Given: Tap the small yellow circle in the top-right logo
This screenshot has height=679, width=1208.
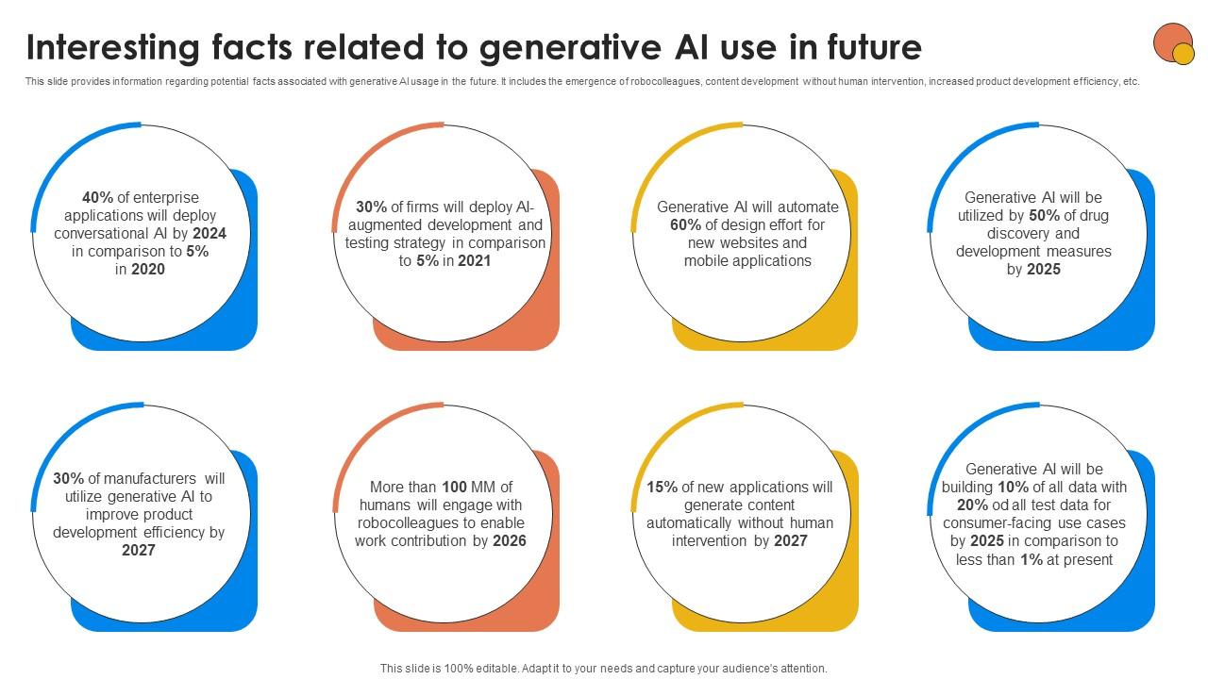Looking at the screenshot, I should tap(1183, 54).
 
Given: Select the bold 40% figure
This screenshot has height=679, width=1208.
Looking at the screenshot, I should tap(97, 198).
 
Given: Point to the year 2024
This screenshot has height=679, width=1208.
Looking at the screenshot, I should tap(210, 234).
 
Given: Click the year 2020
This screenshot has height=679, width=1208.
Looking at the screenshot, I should tap(148, 270).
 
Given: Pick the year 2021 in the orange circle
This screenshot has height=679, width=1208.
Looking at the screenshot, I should tap(475, 261).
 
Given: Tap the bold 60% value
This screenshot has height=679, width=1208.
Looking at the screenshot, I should tap(686, 225).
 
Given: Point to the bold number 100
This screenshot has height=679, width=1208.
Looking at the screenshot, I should tap(455, 488).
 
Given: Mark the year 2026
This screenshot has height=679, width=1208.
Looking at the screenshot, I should tap(510, 541).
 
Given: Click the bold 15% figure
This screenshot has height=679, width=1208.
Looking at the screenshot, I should tap(663, 488).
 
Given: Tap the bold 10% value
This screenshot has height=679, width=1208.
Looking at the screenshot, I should tap(1013, 488).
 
